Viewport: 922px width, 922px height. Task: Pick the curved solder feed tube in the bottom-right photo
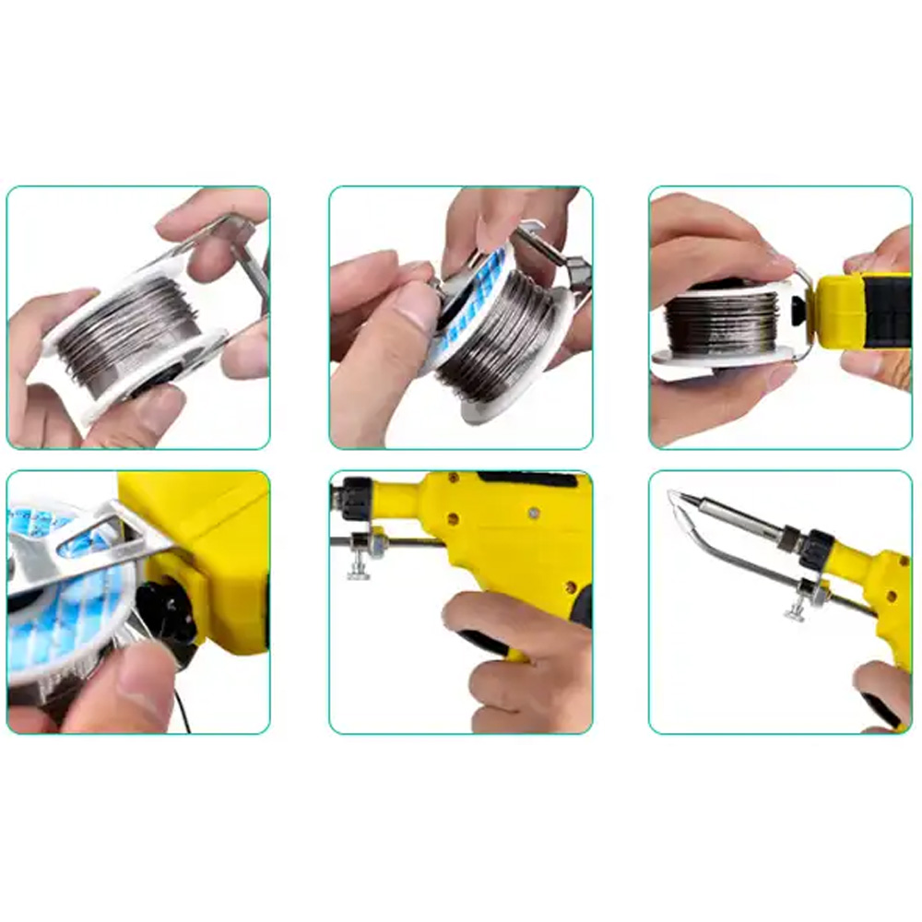coord(719,553)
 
